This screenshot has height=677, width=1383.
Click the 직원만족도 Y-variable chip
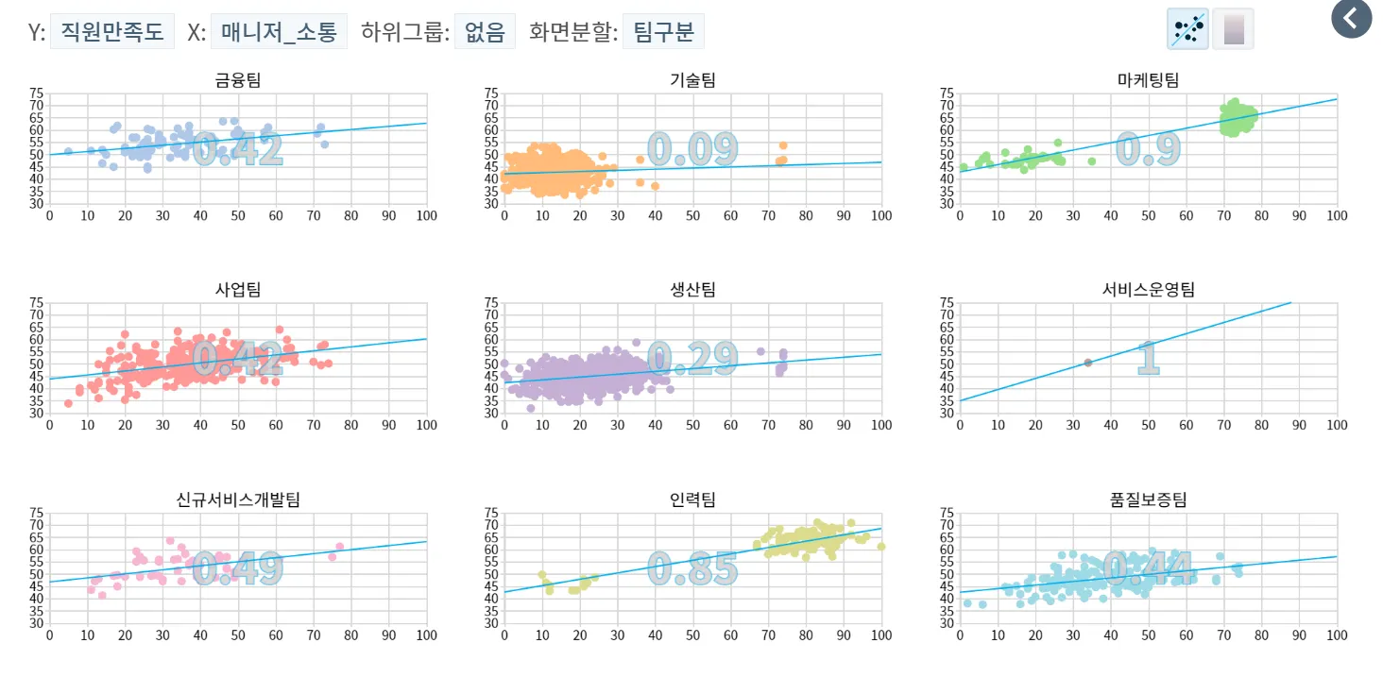pyautogui.click(x=112, y=31)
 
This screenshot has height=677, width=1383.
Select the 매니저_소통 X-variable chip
pyautogui.click(x=279, y=31)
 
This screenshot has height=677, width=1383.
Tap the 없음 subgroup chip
pyautogui.click(x=485, y=31)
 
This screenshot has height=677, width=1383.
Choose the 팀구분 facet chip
pyautogui.click(x=663, y=31)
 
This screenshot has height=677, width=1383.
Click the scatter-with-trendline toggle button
pyautogui.click(x=1188, y=28)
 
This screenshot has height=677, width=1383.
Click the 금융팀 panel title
pyautogui.click(x=238, y=80)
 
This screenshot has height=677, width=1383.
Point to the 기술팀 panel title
pyautogui.click(x=692, y=80)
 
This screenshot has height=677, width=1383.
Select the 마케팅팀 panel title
pyautogui.click(x=1148, y=80)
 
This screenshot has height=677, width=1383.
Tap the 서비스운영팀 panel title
pyautogui.click(x=1148, y=290)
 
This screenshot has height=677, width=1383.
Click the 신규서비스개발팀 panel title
pyautogui.click(x=238, y=499)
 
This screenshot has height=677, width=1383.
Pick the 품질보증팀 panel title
pyautogui.click(x=1148, y=499)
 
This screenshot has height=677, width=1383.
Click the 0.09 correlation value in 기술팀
pyautogui.click(x=692, y=149)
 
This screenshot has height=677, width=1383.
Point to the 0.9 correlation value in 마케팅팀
pyautogui.click(x=1148, y=149)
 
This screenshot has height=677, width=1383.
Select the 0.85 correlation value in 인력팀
pyautogui.click(x=692, y=568)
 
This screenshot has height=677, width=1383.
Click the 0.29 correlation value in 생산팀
pyautogui.click(x=692, y=359)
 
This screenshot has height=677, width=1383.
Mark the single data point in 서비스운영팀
pyautogui.click(x=1087, y=363)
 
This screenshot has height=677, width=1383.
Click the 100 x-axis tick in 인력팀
pyautogui.click(x=880, y=635)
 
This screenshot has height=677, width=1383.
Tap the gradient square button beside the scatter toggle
pyautogui.click(x=1233, y=28)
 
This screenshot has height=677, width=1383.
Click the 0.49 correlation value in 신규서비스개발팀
pyautogui.click(x=238, y=568)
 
